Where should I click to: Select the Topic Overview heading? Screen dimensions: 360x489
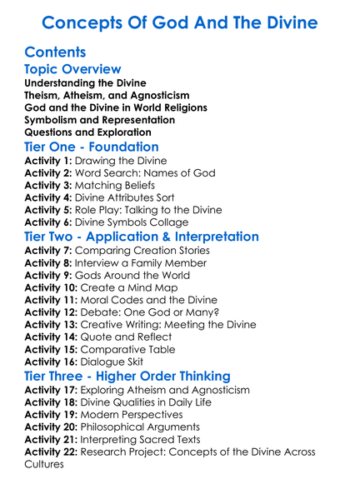72,69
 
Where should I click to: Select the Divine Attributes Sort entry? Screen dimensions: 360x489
137,198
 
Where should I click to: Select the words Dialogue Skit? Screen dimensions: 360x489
124,361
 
